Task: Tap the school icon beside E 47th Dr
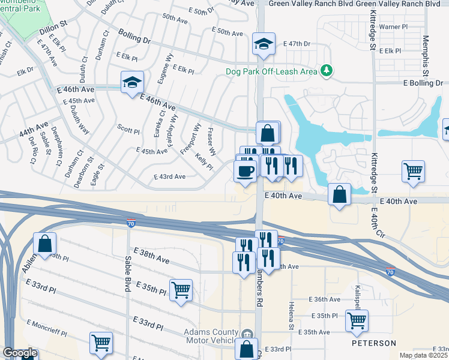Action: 263,44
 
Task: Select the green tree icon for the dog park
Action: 327,71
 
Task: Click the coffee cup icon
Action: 245,170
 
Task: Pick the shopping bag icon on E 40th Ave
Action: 340,194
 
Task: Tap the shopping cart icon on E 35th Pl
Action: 181,290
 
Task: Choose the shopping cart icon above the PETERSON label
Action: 357,321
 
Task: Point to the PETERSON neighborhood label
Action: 374,343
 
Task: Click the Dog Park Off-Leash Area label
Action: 271,71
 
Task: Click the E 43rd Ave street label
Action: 170,177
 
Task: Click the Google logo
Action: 20,353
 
